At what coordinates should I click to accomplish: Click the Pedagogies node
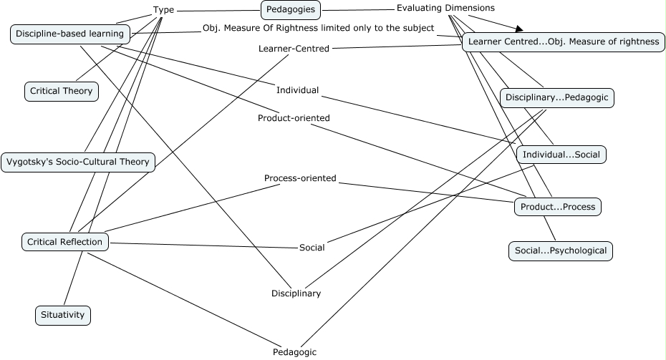click(289, 9)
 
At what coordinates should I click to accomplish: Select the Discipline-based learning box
click(70, 34)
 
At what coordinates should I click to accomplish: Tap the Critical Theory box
click(61, 91)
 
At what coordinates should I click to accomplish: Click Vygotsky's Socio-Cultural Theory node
click(77, 161)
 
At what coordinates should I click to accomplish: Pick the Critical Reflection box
click(65, 242)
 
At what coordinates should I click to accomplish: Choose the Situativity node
click(63, 314)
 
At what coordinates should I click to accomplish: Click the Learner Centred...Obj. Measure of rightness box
click(562, 42)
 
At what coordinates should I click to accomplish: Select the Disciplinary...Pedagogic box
click(556, 97)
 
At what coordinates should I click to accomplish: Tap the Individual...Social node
click(561, 155)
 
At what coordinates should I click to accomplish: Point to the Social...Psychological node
click(561, 250)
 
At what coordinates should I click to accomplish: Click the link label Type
click(164, 10)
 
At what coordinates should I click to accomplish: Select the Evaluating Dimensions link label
click(445, 8)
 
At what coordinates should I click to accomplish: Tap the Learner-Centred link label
click(294, 49)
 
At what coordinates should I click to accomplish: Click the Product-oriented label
click(294, 118)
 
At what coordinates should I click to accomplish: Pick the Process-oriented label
click(300, 178)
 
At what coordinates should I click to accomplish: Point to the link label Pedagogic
click(294, 351)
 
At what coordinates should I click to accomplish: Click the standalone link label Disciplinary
click(296, 293)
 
